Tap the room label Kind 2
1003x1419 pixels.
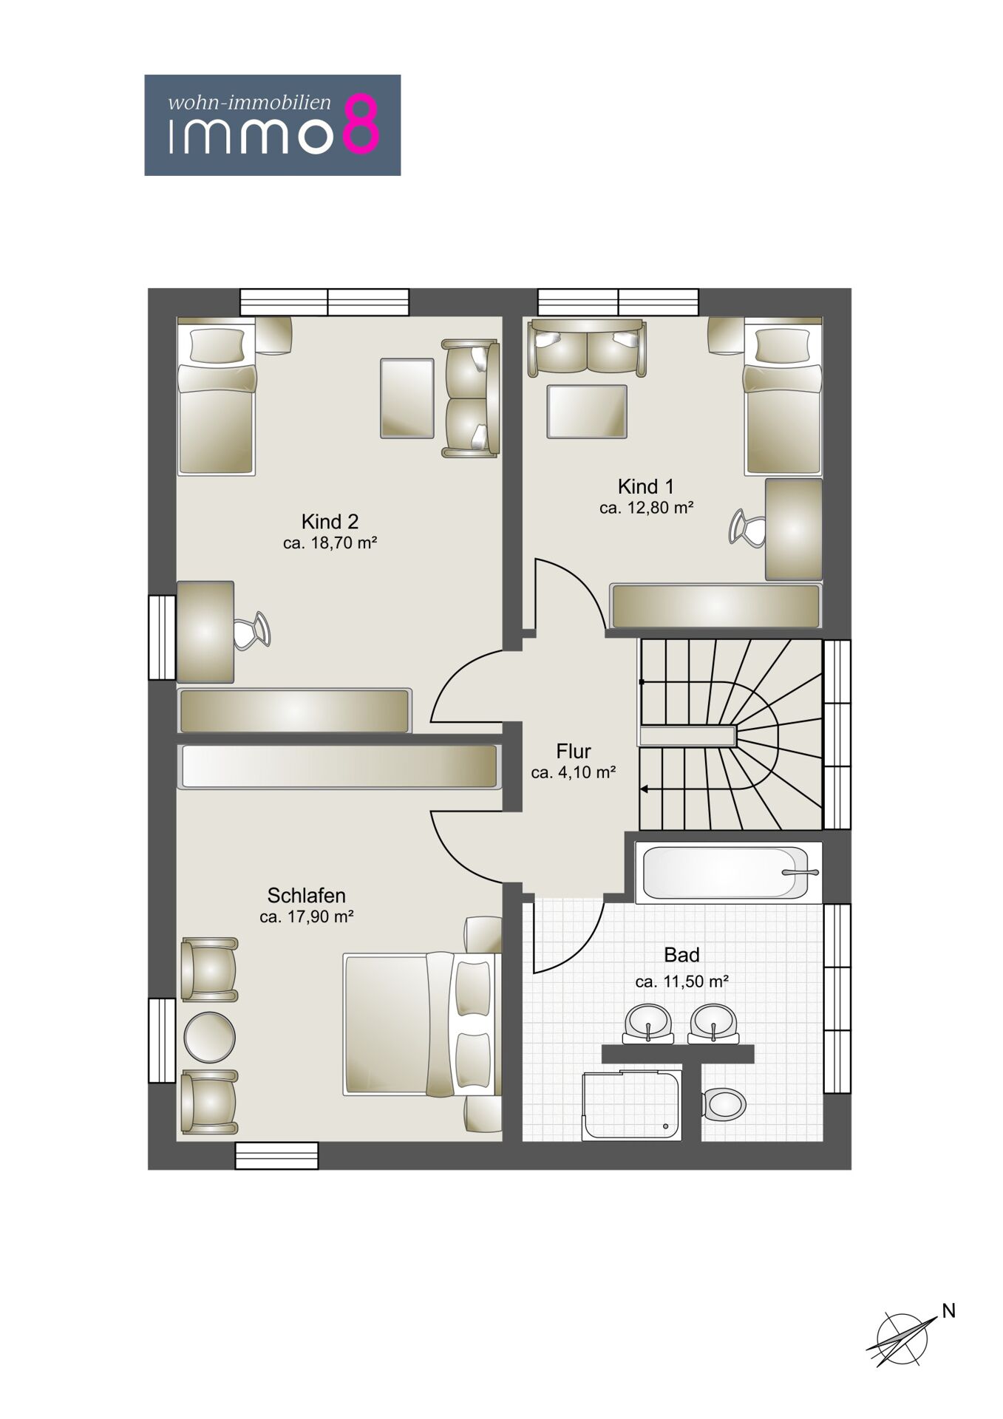point(330,522)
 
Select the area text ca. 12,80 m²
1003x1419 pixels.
point(646,508)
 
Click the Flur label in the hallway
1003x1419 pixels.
point(574,752)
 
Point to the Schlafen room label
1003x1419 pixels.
point(306,896)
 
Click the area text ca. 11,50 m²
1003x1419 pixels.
point(682,981)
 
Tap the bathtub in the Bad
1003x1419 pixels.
point(728,872)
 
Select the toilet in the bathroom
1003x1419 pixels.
point(724,1105)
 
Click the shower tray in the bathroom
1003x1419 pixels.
point(632,1106)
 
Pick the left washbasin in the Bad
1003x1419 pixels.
point(648,1024)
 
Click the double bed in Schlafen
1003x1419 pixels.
point(422,1024)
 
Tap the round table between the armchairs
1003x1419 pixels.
point(209,1037)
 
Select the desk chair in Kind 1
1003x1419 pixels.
point(747,528)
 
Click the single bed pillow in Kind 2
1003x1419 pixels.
point(217,344)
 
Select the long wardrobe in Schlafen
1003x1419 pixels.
point(339,766)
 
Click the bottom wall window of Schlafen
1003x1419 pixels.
point(276,1156)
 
